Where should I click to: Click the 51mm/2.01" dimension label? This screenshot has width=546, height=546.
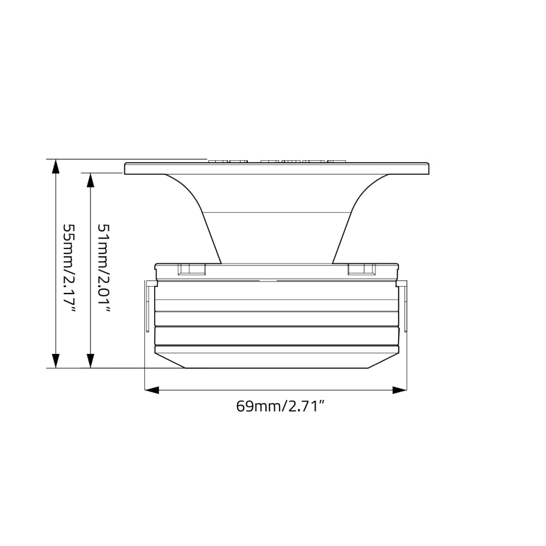tap(104, 268)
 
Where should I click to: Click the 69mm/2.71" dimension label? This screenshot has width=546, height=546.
tap(280, 406)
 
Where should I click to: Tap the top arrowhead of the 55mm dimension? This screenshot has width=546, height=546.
tap(56, 166)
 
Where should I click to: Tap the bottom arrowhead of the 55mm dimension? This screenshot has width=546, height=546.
tap(56, 361)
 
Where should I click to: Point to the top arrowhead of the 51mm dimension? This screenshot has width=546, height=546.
tap(90, 180)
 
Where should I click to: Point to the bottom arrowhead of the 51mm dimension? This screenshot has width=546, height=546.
tap(90, 361)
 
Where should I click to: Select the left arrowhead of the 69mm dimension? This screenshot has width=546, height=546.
tap(152, 390)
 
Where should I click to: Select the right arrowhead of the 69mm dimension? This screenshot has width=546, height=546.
tap(400, 390)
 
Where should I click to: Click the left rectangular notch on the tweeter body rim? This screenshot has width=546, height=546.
tap(192, 269)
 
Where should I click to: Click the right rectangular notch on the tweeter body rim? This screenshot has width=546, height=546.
tap(361, 269)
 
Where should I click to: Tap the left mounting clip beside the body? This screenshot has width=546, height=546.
tap(149, 306)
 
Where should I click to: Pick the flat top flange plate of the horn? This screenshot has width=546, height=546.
tap(277, 169)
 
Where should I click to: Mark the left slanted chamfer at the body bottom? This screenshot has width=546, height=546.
tap(170, 360)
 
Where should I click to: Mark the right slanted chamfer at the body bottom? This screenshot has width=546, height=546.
tap(383, 360)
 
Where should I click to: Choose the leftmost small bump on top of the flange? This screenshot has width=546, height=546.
tap(218, 161)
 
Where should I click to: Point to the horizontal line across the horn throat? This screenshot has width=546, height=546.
tap(277, 212)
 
